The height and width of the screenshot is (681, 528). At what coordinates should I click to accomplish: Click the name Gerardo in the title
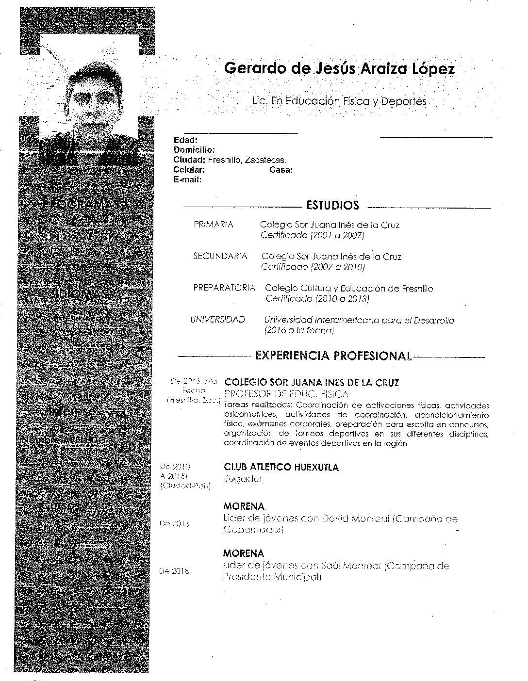(x=255, y=68)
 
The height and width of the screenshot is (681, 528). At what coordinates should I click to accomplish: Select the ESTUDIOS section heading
(x=332, y=205)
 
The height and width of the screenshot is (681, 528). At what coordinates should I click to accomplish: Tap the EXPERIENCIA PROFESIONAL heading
(x=333, y=356)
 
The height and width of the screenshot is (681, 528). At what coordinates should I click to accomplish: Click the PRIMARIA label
(x=213, y=225)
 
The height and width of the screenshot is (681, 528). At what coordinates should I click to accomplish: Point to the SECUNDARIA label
(x=220, y=256)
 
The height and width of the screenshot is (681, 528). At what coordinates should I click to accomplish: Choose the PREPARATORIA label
(x=224, y=288)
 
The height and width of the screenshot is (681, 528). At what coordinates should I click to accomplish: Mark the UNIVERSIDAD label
(x=217, y=320)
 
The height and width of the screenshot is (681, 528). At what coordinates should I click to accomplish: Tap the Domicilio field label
(x=194, y=150)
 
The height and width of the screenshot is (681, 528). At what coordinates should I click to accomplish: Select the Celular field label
(x=189, y=170)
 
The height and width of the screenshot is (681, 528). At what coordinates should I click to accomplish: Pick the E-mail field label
(x=187, y=179)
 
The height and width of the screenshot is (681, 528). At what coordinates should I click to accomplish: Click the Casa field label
(x=280, y=170)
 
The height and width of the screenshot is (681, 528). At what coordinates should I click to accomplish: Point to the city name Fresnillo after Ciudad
(x=224, y=160)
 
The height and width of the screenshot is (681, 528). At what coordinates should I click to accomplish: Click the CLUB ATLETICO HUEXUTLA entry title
(x=281, y=467)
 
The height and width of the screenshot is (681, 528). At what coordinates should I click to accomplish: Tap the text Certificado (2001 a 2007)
(x=312, y=235)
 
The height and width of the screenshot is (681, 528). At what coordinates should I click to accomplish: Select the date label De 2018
(x=174, y=571)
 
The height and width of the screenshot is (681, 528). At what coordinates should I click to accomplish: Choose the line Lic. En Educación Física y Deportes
(x=339, y=101)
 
